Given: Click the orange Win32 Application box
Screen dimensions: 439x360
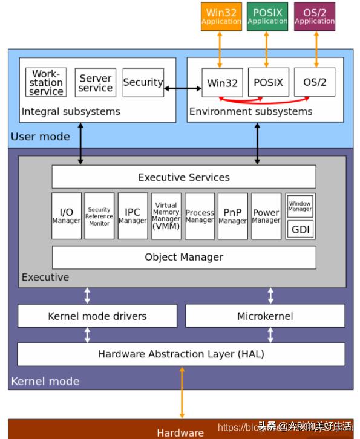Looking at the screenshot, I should tap(221, 16).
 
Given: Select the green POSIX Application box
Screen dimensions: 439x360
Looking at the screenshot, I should tap(267, 16).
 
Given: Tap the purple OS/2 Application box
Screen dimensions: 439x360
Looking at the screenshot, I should tap(314, 16).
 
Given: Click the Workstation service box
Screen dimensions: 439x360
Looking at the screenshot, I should tap(46, 82).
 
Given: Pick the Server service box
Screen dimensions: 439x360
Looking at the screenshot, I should tap(96, 82).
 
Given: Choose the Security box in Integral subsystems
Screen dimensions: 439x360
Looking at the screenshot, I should tap(143, 82).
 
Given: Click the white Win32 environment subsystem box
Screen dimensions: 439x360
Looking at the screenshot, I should tap(222, 82).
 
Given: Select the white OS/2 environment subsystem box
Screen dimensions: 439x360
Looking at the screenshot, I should tap(314, 82).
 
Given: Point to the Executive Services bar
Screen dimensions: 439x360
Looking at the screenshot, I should tap(184, 177).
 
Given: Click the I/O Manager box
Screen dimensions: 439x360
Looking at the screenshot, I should tap(67, 216).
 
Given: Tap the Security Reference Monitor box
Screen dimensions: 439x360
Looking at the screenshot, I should tap(99, 216).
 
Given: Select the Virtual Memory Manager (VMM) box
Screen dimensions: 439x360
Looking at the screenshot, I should tap(166, 216).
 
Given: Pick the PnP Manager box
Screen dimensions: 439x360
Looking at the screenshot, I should tap(232, 216).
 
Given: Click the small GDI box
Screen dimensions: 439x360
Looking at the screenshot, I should tap(300, 230).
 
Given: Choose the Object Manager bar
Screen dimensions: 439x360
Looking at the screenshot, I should tap(184, 257).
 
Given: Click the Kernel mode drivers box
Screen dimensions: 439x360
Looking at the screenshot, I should tap(97, 316).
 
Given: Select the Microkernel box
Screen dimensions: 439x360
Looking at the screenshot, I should tap(265, 316).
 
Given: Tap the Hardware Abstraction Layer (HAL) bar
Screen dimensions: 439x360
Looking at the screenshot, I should tap(181, 354).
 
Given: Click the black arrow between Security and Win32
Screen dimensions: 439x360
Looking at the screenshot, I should tap(183, 89).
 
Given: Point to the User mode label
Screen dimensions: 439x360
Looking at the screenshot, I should tap(40, 137).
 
